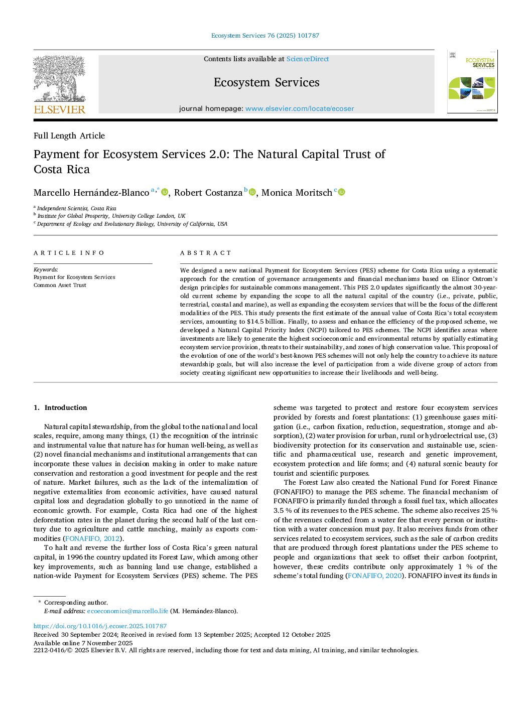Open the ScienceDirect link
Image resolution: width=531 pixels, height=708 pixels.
pos(307,59)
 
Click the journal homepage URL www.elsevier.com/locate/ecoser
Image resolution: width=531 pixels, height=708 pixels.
pos(299,108)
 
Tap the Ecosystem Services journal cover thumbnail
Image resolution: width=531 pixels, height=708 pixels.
pos(472,82)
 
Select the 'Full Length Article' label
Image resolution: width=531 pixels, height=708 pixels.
pos(69,135)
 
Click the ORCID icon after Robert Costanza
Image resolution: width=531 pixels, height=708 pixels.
pos(252,192)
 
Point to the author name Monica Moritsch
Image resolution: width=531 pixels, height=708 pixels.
pos(297,193)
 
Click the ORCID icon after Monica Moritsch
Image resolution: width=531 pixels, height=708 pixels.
pos(342,192)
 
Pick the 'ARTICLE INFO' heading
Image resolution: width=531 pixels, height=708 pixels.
pos(69,253)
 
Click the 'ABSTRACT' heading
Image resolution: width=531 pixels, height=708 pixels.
pos(206,253)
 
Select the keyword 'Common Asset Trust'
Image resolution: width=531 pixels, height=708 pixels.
pos(60,285)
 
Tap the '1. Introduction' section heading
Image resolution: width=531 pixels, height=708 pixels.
pos(60,407)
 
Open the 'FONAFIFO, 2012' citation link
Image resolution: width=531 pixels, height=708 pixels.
pos(93,538)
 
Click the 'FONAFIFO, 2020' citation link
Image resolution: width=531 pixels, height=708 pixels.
pos(375,576)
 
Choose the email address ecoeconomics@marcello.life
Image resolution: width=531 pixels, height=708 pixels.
pos(127,611)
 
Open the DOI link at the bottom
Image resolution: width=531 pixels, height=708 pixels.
pos(100,626)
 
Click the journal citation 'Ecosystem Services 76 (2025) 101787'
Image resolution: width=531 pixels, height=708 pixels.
pos(265,36)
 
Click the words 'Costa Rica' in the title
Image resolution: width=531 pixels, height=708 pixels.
pos(62,170)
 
